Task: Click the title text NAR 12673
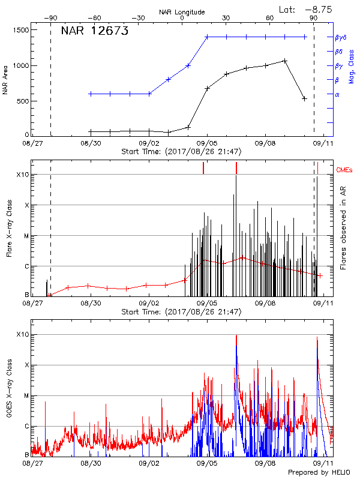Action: click(x=95, y=32)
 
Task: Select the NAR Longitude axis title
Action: click(x=182, y=12)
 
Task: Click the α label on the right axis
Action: click(x=337, y=94)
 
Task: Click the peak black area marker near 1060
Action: click(x=285, y=61)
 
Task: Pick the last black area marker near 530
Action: click(x=304, y=98)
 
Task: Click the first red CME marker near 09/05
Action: click(x=203, y=169)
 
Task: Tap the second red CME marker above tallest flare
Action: click(x=236, y=168)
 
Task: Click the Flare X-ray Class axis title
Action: click(x=10, y=233)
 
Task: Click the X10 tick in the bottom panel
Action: click(x=22, y=334)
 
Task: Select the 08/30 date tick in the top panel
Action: click(x=91, y=144)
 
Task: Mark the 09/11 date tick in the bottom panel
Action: click(x=324, y=463)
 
